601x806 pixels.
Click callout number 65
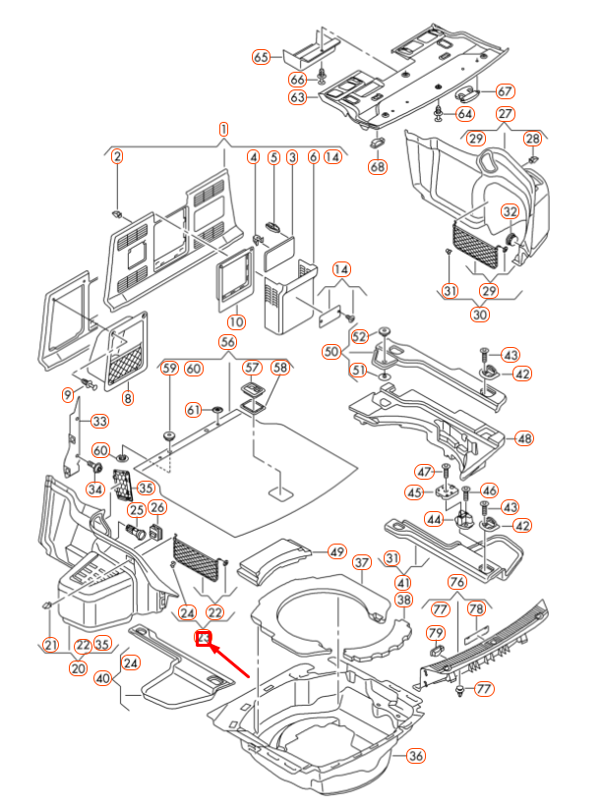(x=261, y=56)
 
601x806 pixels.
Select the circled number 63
(x=298, y=97)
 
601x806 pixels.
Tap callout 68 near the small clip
(x=378, y=167)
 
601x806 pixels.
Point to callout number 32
(x=510, y=211)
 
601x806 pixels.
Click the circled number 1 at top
(x=223, y=129)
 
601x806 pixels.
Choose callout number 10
(x=236, y=321)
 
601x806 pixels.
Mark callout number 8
(x=127, y=398)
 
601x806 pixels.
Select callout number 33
(x=99, y=422)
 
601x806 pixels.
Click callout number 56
(x=228, y=342)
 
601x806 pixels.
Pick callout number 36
(x=416, y=756)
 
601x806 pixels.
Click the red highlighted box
(x=205, y=639)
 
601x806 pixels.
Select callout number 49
(x=337, y=551)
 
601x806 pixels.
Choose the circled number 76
(x=456, y=583)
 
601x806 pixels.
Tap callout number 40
(x=103, y=677)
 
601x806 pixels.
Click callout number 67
(x=506, y=90)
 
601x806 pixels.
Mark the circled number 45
(x=414, y=493)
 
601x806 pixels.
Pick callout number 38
(x=403, y=600)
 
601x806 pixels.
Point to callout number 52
(x=359, y=337)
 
